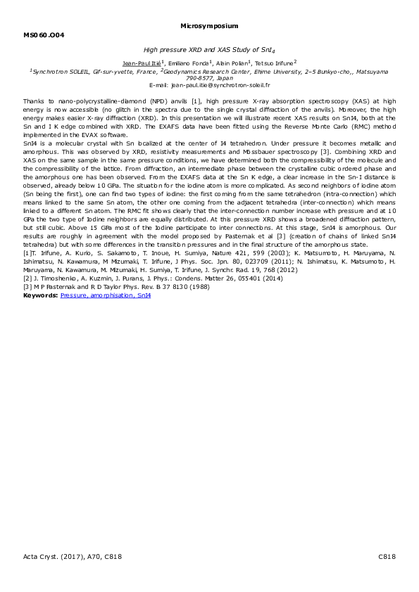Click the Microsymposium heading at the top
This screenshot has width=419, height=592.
tap(209, 25)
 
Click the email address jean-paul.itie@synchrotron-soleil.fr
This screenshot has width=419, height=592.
tap(209, 84)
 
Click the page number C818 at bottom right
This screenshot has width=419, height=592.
tap(387, 556)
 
